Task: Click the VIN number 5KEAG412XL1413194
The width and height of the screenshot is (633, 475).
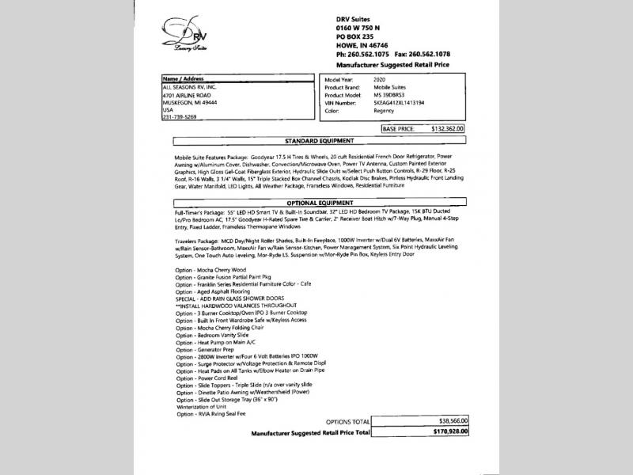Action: coord(395,102)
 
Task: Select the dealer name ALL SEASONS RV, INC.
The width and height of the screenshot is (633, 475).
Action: coord(188,87)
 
